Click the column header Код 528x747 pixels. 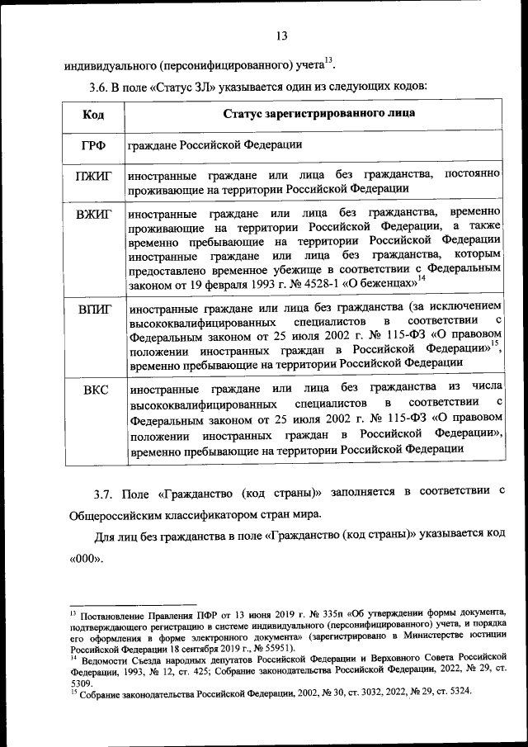tap(92, 113)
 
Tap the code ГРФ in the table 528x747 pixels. tap(93, 145)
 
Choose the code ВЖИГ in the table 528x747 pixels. tap(93, 216)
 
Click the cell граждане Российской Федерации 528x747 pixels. tap(214, 145)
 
